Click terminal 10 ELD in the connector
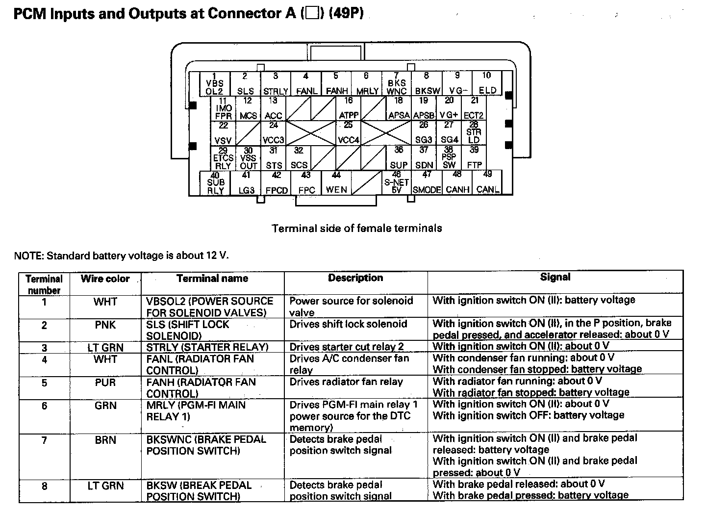487,83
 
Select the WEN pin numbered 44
336,183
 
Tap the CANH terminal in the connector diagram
457,183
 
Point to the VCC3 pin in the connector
273,133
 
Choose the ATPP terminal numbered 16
349,108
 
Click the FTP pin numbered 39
474,158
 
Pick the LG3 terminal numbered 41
246,183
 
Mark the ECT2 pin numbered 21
474,108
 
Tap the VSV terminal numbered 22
223,133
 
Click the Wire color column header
105,279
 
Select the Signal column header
555,277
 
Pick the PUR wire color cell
105,382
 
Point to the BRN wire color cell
105,440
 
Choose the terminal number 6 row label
44,406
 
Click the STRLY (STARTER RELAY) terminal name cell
207,347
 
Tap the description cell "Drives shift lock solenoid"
348,324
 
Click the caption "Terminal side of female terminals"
356,228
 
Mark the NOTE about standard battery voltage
121,255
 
